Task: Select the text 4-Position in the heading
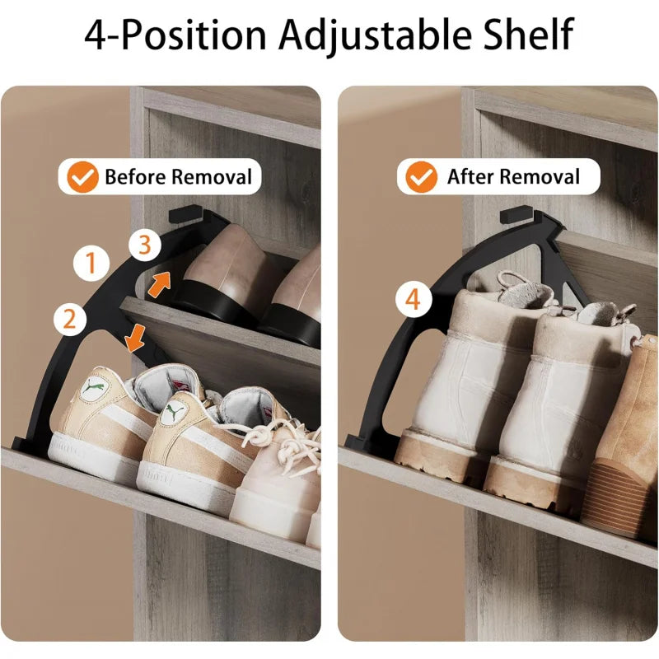[175, 35]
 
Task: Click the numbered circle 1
[91, 263]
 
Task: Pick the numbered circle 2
[70, 319]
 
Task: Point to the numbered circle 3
[145, 245]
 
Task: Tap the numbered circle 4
[414, 299]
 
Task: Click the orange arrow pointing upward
[159, 284]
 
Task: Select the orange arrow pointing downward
[135, 338]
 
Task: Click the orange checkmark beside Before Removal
[83, 177]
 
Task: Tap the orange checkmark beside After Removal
[421, 177]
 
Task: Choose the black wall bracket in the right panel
[517, 214]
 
